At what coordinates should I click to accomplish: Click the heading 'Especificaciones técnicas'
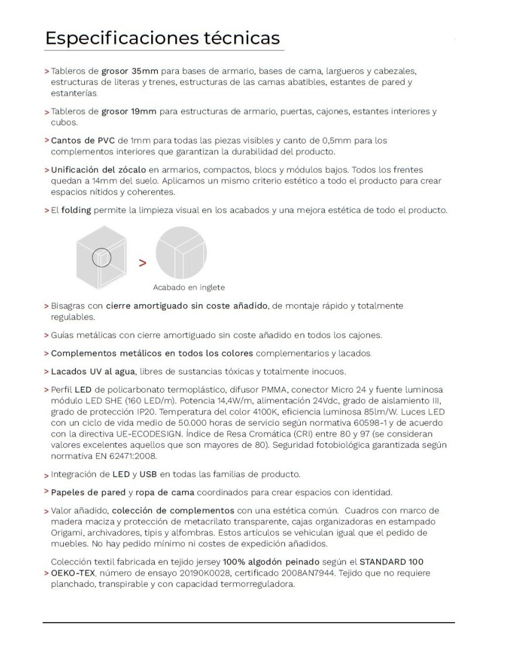[x=162, y=38]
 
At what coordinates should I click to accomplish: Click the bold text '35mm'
[x=147, y=71]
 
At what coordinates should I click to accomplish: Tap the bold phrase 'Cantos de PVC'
[x=83, y=141]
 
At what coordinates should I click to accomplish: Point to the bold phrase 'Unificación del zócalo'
[x=98, y=170]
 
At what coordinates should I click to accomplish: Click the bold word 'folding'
[x=76, y=210]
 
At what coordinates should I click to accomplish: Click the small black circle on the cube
[x=102, y=257]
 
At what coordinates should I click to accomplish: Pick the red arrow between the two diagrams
[x=142, y=263]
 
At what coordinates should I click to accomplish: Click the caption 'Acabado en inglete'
[x=189, y=287]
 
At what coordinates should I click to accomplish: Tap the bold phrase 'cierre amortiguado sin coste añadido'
[x=187, y=306]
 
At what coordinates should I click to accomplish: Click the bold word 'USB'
[x=148, y=474]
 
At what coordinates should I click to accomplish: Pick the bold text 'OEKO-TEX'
[x=72, y=573]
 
